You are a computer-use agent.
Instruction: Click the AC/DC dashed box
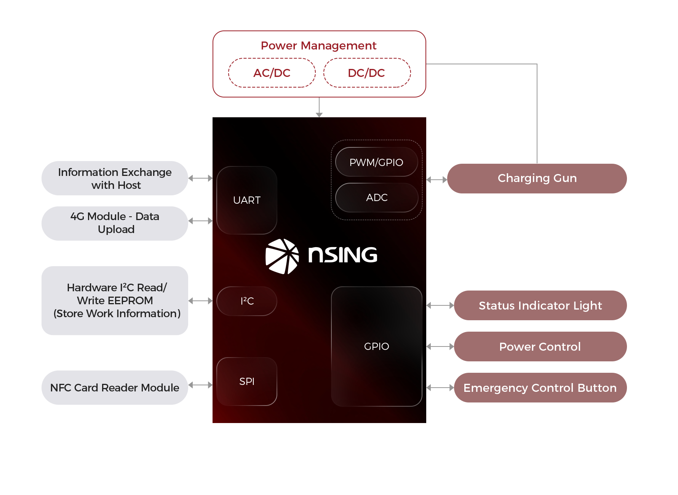272,73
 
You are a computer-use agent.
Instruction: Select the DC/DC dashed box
366,73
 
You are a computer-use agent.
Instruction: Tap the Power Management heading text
318,46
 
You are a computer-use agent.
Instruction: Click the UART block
247,200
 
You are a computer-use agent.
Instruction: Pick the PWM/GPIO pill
376,162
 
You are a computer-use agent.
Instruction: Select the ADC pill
377,198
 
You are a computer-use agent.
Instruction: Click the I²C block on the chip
247,301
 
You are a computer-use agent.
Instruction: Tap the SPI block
247,381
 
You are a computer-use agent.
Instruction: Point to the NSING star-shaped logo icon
282,256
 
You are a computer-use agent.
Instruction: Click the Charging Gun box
537,178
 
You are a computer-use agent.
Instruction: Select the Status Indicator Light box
540,305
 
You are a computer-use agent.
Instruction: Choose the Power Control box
540,346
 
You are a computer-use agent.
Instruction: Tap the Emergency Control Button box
540,388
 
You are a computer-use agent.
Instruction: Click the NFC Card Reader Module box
115,388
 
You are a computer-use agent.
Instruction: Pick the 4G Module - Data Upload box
115,223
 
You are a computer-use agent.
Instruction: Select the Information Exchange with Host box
115,178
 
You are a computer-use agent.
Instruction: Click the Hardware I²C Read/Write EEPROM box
115,300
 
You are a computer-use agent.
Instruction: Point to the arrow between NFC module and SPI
200,385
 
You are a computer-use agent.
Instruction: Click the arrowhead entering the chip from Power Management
319,114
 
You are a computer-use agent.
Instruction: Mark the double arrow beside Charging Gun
437,180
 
